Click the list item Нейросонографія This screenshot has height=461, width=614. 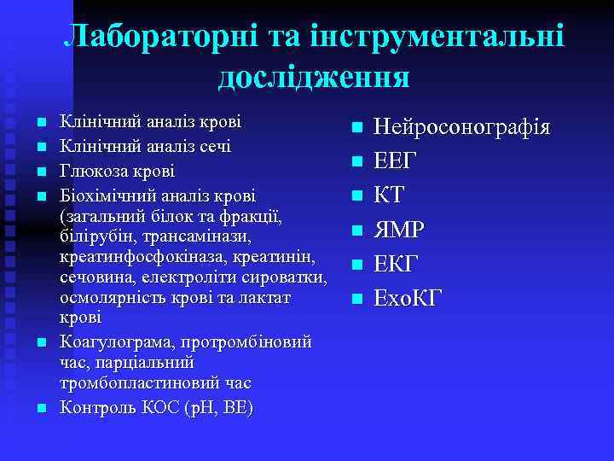coord(462,128)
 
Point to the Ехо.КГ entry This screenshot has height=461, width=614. coord(408,299)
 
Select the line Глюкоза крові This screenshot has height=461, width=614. coord(118,170)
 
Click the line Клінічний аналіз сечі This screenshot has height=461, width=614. coord(146,146)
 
